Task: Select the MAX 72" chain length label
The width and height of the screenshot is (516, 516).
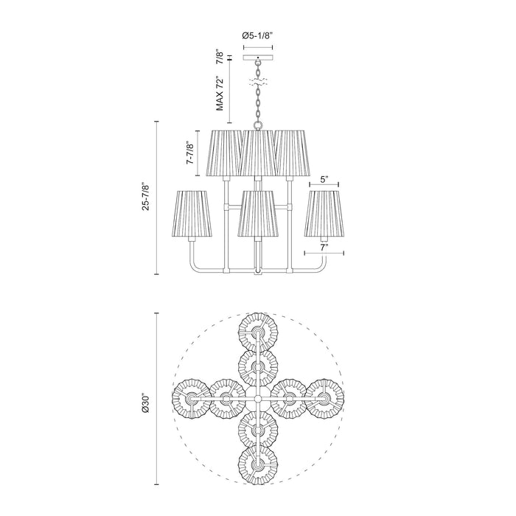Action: point(219,93)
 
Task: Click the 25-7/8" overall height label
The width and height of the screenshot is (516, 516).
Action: point(148,198)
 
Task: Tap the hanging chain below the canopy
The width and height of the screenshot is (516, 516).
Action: point(257,100)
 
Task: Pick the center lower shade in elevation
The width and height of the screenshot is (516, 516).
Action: point(257,215)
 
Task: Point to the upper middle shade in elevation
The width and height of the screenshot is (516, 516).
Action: point(257,153)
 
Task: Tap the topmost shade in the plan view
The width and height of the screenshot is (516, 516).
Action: point(257,332)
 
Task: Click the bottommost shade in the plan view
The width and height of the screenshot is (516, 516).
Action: point(257,464)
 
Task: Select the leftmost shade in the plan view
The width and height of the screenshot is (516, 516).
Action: point(191,399)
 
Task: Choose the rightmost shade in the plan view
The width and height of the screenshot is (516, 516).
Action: point(324,399)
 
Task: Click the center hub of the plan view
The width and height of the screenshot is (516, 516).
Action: point(257,399)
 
